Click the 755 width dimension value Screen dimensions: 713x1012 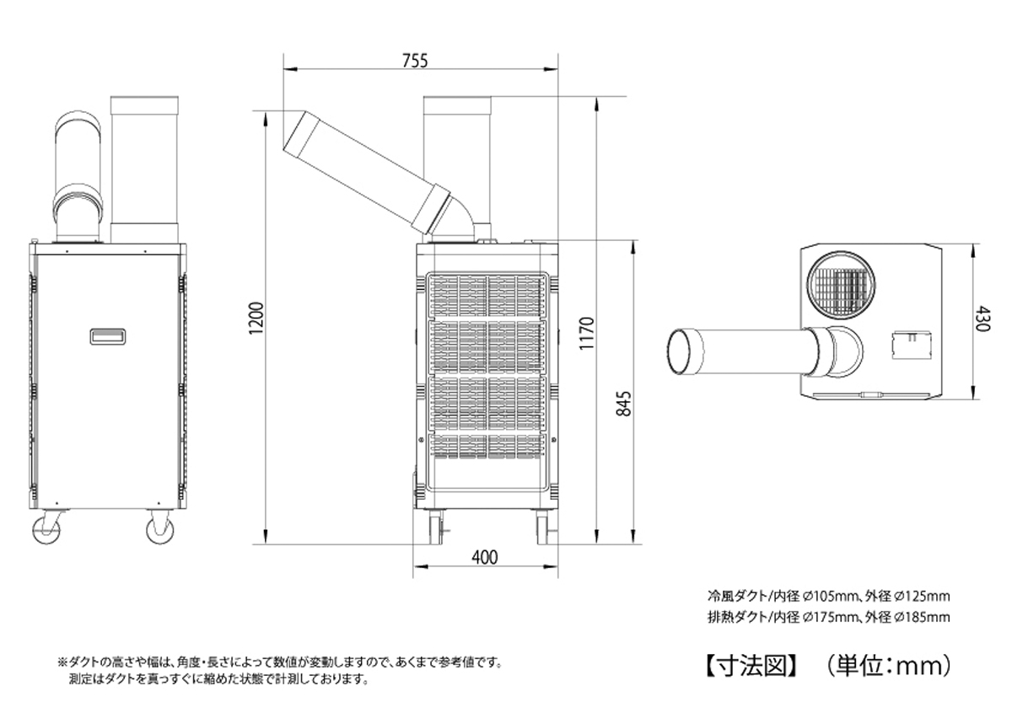(x=415, y=61)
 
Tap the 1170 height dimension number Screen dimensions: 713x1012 (x=589, y=333)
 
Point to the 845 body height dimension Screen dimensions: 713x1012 (x=624, y=405)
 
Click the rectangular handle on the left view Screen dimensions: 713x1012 (x=109, y=336)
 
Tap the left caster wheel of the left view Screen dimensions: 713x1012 (x=46, y=528)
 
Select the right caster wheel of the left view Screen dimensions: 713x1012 (x=159, y=528)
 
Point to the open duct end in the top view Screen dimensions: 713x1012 (x=684, y=351)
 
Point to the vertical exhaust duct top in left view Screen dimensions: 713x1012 (x=144, y=105)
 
